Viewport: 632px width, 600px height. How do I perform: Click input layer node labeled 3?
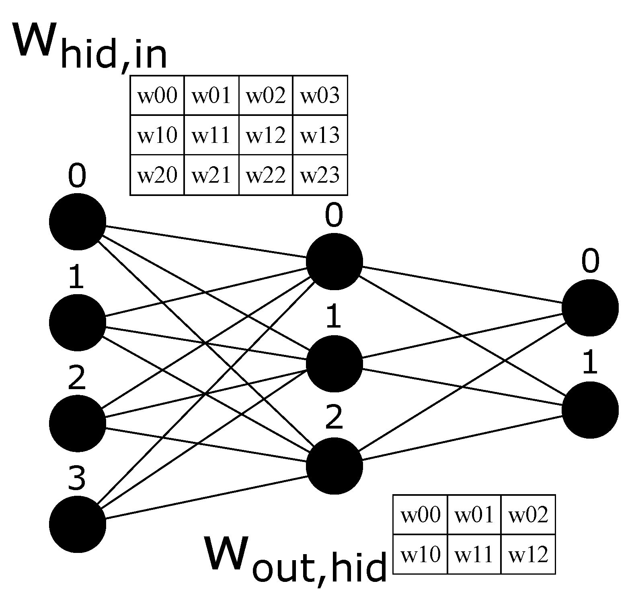78,524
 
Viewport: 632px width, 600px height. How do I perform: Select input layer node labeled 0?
78,222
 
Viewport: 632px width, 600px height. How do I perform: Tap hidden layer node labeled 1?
334,364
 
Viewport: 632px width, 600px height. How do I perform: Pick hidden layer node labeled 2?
334,466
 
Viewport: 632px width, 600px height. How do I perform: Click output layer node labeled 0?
590,308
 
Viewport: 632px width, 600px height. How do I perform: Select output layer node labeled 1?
590,410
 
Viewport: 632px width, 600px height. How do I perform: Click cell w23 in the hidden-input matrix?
320,175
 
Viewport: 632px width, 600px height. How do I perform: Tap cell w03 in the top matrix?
320,96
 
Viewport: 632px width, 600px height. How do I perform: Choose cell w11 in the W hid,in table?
211,135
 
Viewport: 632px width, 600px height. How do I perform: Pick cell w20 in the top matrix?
157,175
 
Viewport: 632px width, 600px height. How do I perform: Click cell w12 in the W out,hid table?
528,555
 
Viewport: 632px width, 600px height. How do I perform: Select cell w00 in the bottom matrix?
421,515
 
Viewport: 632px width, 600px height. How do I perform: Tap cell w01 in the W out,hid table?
474,515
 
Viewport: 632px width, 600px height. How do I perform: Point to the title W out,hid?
295,561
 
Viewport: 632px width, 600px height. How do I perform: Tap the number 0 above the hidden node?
334,216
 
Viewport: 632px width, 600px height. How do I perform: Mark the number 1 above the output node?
590,363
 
